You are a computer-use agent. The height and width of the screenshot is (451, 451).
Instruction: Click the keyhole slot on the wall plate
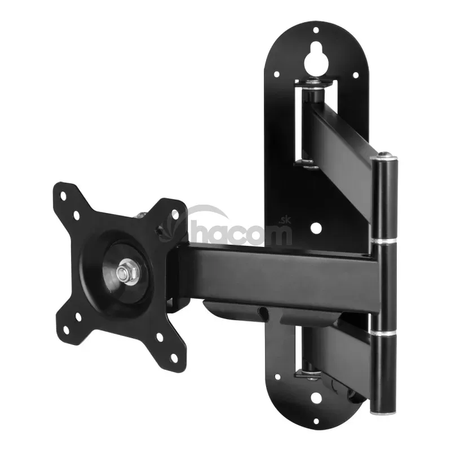point(316,60)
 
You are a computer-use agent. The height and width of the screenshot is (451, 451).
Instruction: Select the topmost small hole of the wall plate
point(316,30)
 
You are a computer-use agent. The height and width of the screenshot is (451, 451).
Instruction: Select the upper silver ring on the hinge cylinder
point(384,240)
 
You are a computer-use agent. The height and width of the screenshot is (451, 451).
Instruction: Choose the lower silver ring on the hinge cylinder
point(383,333)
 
